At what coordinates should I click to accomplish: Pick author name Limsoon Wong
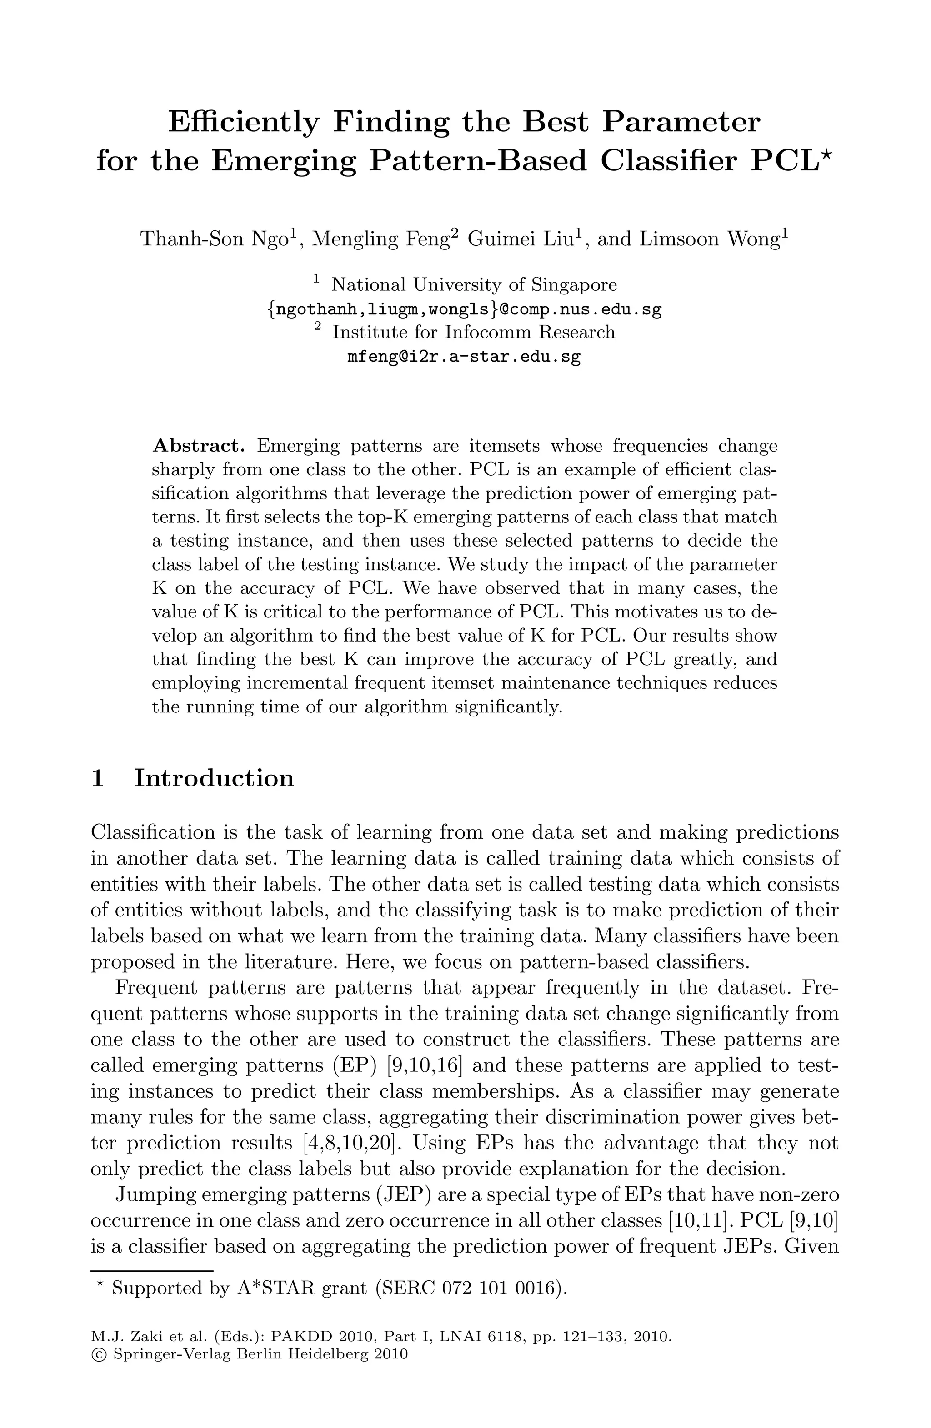coord(711,239)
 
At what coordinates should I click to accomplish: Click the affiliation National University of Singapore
coord(474,284)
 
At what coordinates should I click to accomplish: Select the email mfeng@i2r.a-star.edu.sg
coord(464,357)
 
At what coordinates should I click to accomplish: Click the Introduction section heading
coord(214,778)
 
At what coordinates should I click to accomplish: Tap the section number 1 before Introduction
coord(98,778)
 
